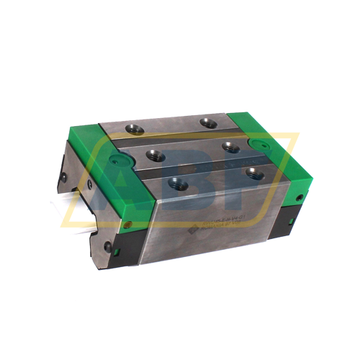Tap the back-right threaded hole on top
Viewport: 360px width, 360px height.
click(x=209, y=122)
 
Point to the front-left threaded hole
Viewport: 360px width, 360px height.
click(x=177, y=184)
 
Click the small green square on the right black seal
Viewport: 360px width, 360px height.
click(x=293, y=208)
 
